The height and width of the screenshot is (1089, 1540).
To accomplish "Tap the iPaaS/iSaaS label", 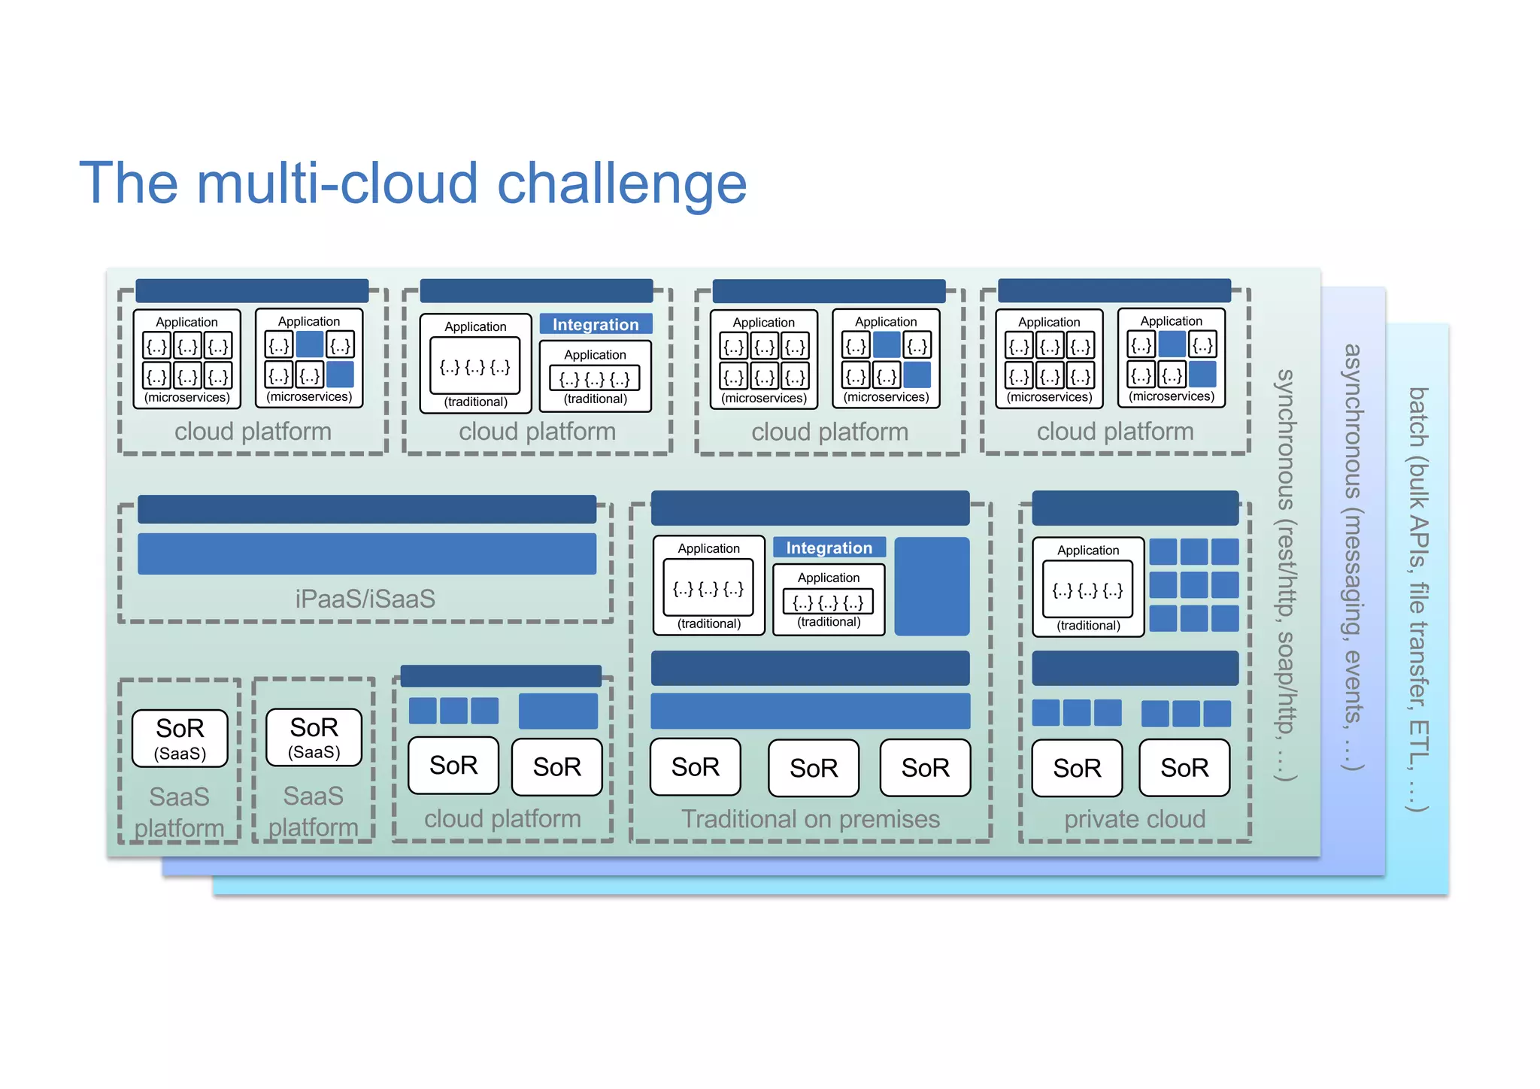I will (x=365, y=599).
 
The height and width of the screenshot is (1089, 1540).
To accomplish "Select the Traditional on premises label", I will (x=810, y=819).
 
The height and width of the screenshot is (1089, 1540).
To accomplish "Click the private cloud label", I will (x=1134, y=819).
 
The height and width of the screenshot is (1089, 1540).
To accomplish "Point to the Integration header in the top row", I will (x=596, y=324).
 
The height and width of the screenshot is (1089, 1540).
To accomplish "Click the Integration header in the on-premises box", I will (x=829, y=548).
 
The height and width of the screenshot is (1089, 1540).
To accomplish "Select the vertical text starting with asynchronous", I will (x=1352, y=557).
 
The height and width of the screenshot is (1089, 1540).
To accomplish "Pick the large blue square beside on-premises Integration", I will (x=932, y=586).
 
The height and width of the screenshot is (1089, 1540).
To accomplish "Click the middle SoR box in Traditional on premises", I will (x=813, y=768).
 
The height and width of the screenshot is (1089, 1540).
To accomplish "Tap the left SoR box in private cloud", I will (x=1076, y=768).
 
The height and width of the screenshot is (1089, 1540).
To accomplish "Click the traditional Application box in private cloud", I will (x=1087, y=587).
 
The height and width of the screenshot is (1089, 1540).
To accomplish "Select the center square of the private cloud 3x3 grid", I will (x=1193, y=585).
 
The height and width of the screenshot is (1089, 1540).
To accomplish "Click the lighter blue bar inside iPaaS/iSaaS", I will (x=367, y=554).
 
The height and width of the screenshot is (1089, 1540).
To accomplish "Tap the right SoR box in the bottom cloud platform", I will (x=556, y=766).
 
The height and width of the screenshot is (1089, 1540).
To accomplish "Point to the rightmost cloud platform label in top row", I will (x=1114, y=432).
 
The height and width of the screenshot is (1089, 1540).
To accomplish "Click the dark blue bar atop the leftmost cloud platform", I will (x=252, y=290).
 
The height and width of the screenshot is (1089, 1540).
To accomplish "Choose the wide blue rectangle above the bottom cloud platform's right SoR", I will (x=558, y=711).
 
